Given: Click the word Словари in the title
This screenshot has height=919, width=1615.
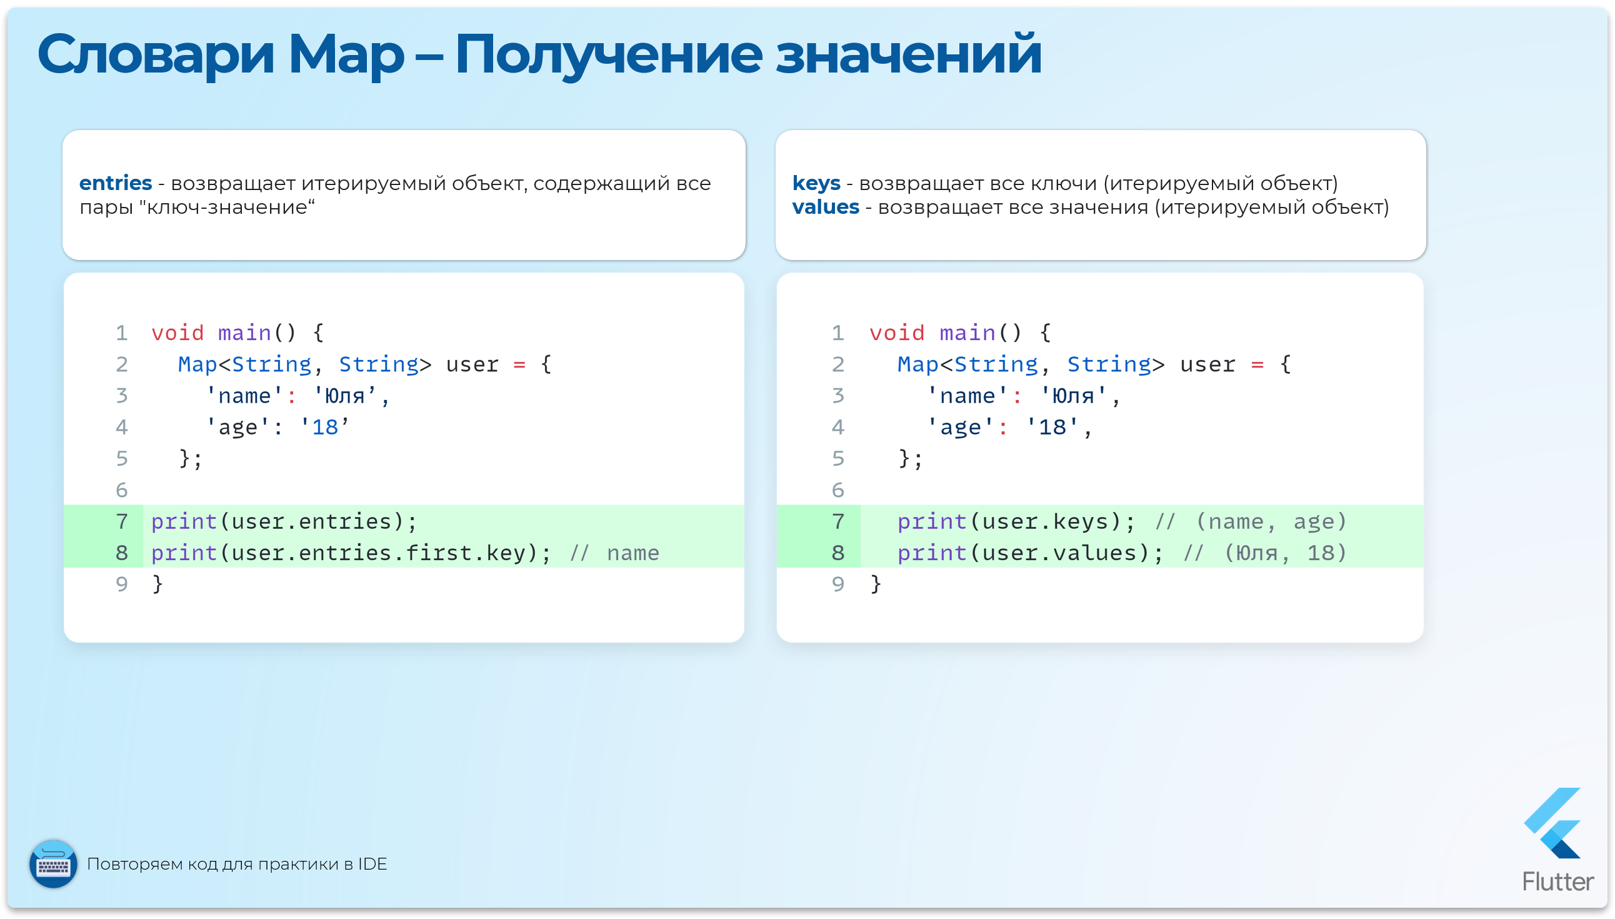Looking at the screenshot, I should pos(155,55).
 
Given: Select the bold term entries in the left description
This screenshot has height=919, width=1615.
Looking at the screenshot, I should pos(116,183).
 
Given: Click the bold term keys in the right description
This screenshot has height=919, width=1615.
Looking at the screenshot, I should pos(816,183).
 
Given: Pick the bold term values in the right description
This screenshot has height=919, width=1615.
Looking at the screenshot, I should pos(825,207).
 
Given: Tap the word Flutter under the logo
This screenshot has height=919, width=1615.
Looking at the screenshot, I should pos(1557,881).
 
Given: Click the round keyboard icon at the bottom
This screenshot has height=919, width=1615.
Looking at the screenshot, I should pos(54,864).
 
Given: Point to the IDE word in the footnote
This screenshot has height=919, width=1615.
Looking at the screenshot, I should pos(372,864).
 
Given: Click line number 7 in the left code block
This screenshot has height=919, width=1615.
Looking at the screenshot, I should pos(122,521).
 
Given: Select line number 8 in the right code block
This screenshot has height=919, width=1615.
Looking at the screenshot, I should pos(837,553).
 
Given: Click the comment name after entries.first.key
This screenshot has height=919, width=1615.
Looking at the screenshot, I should pos(632,553).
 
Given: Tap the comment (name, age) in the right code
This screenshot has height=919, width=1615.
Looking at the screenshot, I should pos(1271,521).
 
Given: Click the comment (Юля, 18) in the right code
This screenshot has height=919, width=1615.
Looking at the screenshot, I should pos(1285,553).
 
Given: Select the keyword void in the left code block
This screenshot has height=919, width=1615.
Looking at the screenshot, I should pos(177,333).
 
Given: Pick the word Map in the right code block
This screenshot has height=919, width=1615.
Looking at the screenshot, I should pos(918,364).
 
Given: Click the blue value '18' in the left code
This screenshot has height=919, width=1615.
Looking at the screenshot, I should pos(325,428).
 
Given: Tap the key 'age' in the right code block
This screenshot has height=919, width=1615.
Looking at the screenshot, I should pos(960,428).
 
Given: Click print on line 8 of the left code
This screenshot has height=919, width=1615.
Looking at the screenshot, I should pos(184,553).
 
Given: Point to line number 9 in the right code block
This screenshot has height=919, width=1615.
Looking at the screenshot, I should pos(837,584).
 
